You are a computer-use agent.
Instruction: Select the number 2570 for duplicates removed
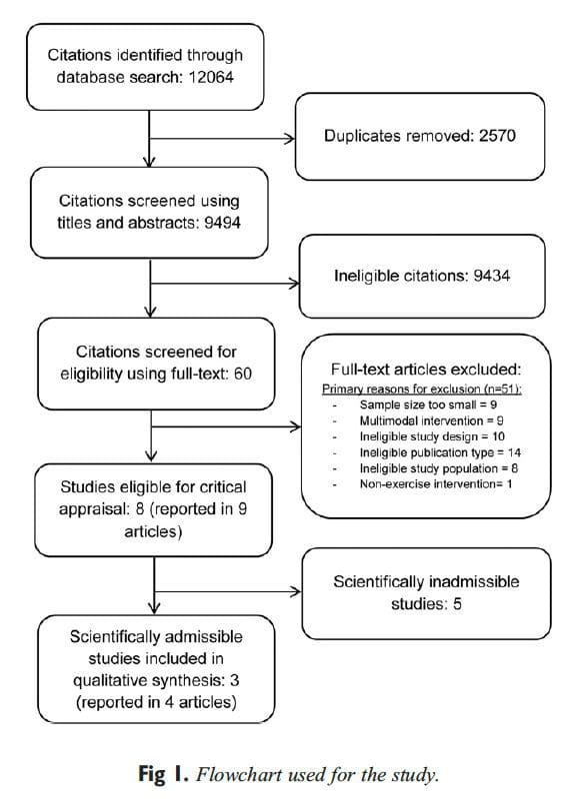coord(491,135)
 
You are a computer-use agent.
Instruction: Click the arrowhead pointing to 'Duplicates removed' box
coord(292,139)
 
